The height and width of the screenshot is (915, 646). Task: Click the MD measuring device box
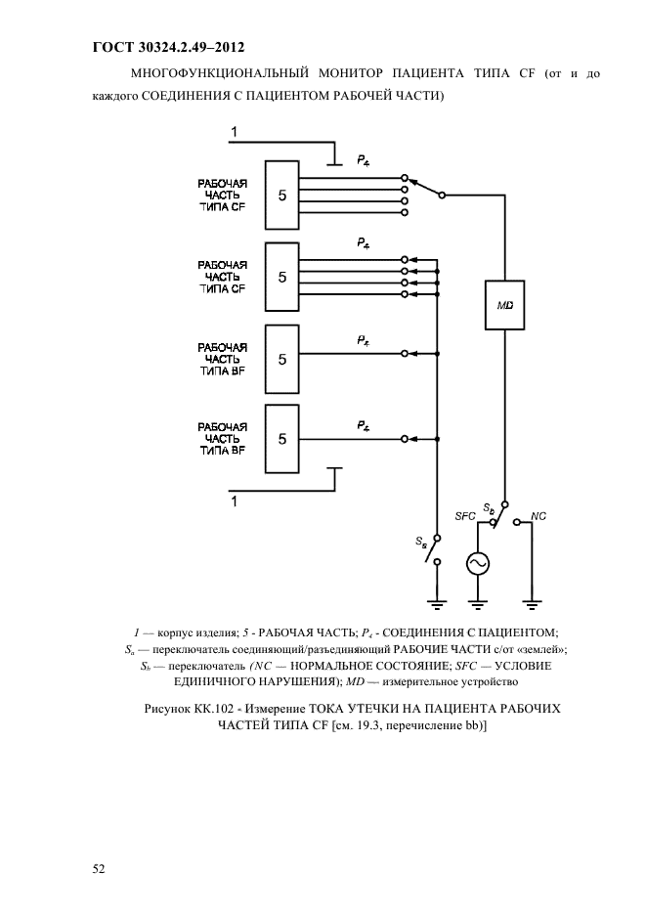pos(505,305)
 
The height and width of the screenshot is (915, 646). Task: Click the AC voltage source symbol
pos(478,564)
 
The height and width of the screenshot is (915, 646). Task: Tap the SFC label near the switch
pos(465,515)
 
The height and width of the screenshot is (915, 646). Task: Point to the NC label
pos(538,514)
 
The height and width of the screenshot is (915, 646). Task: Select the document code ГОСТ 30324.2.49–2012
pos(167,46)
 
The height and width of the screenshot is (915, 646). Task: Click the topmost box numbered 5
pos(281,196)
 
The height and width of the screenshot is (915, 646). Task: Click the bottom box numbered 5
pos(281,439)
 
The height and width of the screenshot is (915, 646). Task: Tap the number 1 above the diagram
pos(234,132)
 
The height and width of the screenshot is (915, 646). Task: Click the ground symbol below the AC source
pos(478,600)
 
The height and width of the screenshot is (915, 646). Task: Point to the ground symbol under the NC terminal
pos(533,600)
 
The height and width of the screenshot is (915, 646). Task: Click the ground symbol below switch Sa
pos(438,600)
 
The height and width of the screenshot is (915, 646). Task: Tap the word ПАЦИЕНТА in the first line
pos(436,72)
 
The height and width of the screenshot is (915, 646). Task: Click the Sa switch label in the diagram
pos(420,541)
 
